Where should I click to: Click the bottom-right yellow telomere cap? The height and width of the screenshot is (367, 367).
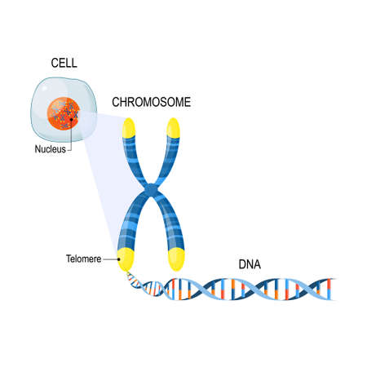click(177, 259)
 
